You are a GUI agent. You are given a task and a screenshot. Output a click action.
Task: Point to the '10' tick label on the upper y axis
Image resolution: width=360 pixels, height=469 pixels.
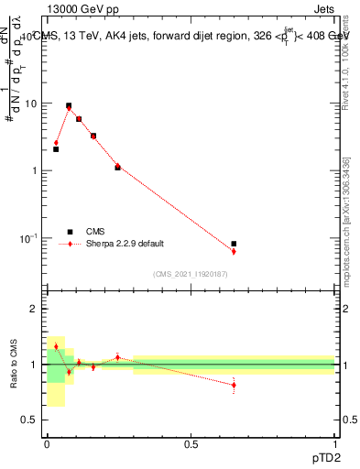tap(31, 104)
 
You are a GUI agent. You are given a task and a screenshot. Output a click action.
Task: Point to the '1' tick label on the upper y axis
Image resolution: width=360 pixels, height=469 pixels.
tap(35, 170)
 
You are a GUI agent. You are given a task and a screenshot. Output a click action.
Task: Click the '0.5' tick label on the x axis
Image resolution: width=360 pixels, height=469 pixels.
tap(191, 442)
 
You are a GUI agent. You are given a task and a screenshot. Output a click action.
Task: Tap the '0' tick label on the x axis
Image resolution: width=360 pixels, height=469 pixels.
tap(47, 442)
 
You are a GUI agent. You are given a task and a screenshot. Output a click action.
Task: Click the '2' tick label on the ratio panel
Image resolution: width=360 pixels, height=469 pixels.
tap(35, 310)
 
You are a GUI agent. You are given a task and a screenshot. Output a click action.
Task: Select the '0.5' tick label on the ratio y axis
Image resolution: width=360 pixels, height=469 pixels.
tap(30, 420)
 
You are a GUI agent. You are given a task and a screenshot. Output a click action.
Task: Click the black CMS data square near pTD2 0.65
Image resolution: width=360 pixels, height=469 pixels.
tap(234, 244)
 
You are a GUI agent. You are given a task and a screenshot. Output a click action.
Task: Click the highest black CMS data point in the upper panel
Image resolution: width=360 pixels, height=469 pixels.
tap(69, 105)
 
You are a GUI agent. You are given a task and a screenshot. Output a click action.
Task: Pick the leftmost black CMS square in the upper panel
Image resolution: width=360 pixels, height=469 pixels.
tap(56, 148)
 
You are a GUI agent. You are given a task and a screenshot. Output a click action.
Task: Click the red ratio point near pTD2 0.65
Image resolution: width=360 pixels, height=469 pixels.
tap(234, 385)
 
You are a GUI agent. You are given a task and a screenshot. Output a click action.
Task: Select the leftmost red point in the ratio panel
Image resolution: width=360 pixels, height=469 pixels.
tap(56, 346)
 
